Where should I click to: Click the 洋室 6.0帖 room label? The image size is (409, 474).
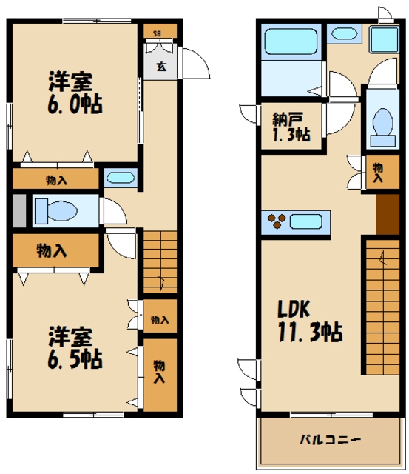pos(75,92)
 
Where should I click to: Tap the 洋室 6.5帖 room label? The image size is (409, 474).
pos(74,347)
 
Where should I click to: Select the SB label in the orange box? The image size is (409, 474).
pos(157,33)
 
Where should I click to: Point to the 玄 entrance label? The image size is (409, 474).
pos(160,65)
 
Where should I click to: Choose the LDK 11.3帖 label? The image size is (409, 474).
pos(308,321)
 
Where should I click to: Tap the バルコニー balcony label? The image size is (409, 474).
pos(330,440)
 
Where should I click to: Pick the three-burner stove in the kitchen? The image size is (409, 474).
pos(277,221)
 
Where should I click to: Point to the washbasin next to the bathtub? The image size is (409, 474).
pos(343,33)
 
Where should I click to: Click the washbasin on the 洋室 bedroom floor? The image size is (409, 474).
pos(120,178)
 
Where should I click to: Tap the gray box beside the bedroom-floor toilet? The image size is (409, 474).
pos(18,210)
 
